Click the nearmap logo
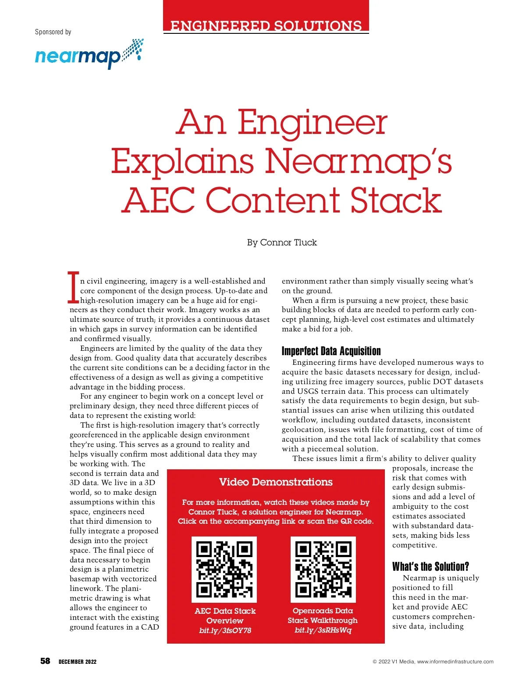pos(89,54)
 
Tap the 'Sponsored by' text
pos(53,32)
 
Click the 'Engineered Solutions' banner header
pos(266,26)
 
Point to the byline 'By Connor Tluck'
pos(282,242)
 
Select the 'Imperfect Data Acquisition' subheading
pos(331,351)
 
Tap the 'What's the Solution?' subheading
pos(430,566)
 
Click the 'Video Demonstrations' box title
pos(276,482)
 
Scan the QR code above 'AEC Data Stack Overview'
pos(224,569)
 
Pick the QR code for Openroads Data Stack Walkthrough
pos(323,569)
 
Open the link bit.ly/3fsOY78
pos(225,630)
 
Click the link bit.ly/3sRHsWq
pos(323,630)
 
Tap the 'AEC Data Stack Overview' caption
pos(225,616)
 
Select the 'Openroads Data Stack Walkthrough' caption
pos(323,616)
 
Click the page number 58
pos(45,661)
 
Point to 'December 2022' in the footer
pos(78,662)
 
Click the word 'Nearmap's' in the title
pos(358,161)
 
